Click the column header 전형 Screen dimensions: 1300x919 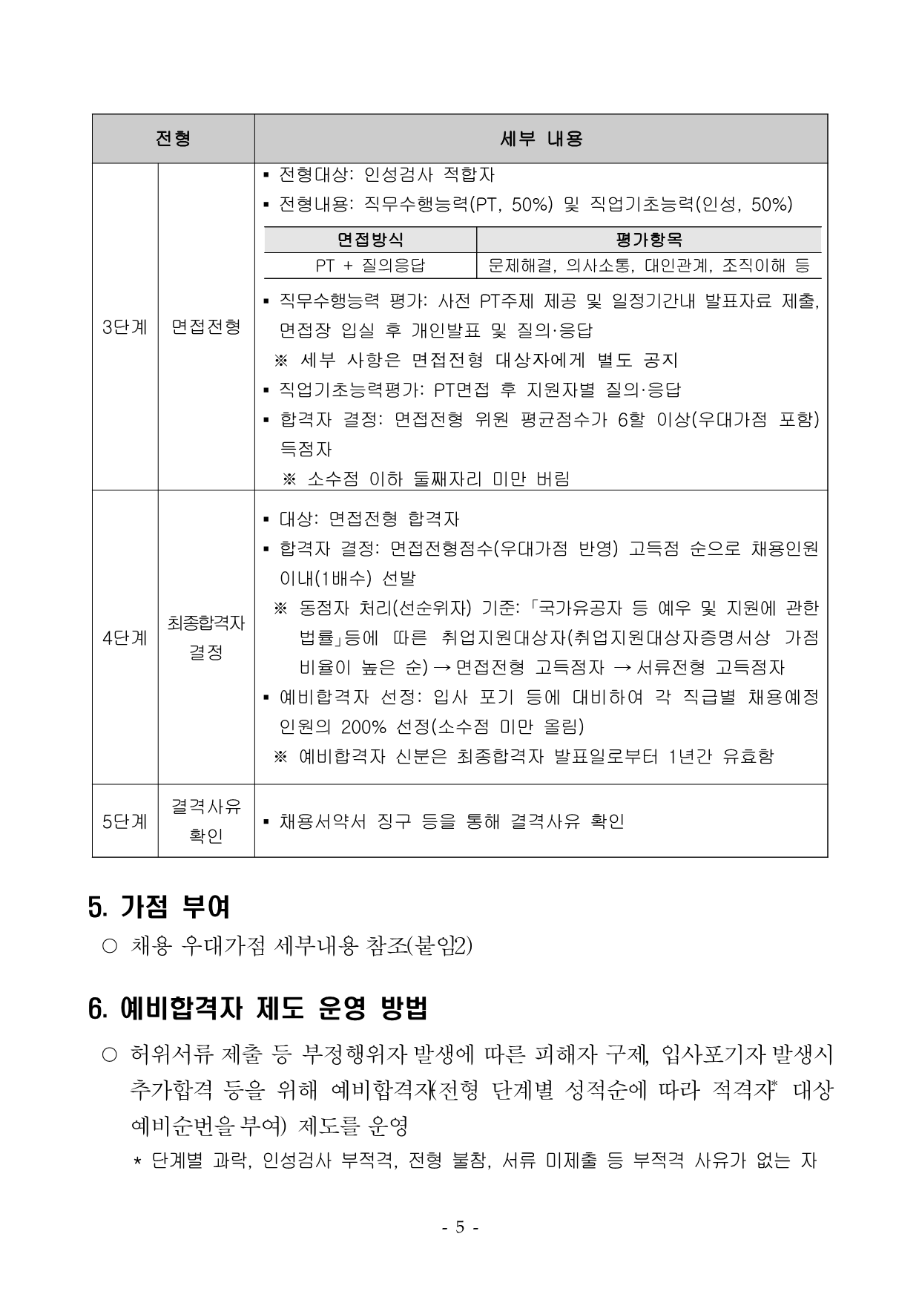[x=173, y=139]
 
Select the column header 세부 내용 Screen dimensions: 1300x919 [x=541, y=139]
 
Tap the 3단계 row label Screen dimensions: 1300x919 [x=125, y=327]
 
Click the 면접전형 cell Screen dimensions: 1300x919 [x=206, y=327]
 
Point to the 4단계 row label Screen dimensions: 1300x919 [x=125, y=637]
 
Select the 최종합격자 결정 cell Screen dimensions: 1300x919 [x=206, y=637]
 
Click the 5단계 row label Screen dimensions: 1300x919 [x=125, y=821]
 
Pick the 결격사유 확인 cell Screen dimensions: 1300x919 [x=206, y=821]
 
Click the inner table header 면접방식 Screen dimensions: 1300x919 [x=370, y=240]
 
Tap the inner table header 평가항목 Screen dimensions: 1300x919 [x=648, y=240]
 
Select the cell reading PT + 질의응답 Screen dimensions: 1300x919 [x=370, y=265]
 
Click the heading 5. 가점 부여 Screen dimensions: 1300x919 [x=159, y=907]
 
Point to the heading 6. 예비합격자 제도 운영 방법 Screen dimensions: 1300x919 [x=257, y=1009]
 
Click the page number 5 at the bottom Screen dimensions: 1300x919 [x=459, y=1227]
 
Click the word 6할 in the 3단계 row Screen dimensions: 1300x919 [x=631, y=420]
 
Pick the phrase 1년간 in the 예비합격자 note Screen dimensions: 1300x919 [x=691, y=756]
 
